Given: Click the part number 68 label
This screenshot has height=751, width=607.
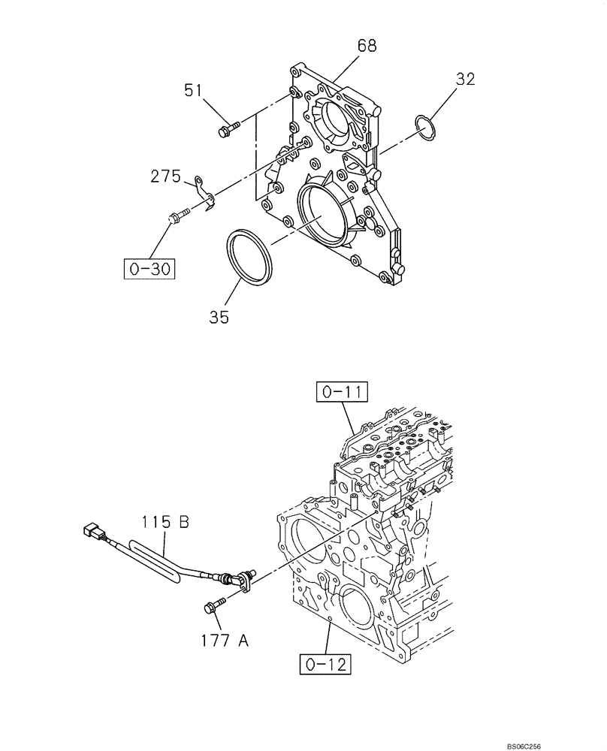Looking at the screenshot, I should pos(367,47).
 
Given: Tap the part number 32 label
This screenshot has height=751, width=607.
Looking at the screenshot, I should pos(465,79).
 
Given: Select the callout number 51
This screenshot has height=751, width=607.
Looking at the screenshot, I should pos(195,91).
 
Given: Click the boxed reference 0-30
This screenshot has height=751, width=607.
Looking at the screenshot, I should pos(149,268).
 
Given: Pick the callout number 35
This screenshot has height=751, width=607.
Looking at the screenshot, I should pos(219,317).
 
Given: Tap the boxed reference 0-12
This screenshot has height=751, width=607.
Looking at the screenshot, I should pos(327,664).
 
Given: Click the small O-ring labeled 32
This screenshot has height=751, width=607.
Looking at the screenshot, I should pos(425,127).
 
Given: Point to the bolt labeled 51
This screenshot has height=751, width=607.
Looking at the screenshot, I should pos(226,128).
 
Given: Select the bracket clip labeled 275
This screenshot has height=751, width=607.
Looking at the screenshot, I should pos(204,192).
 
